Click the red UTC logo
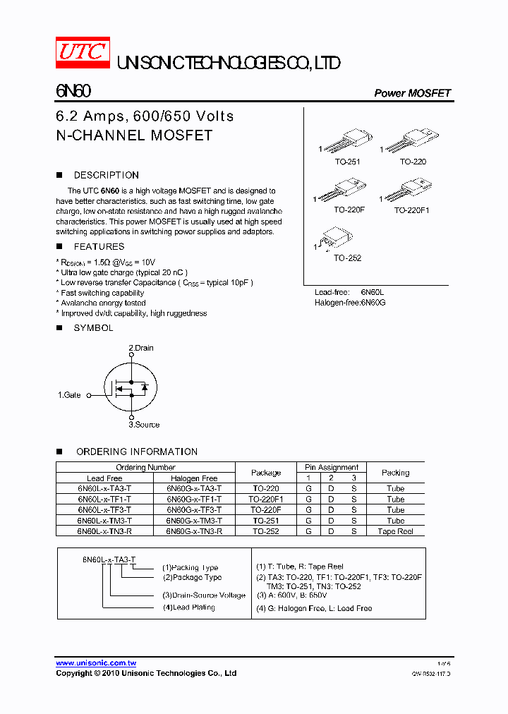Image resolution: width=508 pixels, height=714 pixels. (83, 53)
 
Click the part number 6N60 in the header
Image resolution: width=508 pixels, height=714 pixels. (73, 92)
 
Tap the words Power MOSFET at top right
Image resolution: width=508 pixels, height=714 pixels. (412, 93)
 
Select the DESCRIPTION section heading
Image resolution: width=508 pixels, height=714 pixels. (106, 175)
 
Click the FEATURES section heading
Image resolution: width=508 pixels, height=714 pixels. (99, 246)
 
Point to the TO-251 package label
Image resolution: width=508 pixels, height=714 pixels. (347, 162)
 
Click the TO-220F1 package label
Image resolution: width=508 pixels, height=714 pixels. (411, 210)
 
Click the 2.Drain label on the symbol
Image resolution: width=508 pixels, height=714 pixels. (140, 348)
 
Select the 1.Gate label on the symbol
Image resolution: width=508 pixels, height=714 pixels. (69, 395)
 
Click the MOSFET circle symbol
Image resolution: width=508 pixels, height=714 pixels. (131, 387)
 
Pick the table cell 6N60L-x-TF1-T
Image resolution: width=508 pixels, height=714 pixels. (104, 499)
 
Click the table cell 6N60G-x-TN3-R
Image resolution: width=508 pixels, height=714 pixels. (194, 531)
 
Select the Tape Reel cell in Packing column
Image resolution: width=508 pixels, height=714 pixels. (395, 531)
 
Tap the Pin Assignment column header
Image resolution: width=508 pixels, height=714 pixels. (332, 467)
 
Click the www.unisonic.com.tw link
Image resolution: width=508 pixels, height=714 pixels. (96, 663)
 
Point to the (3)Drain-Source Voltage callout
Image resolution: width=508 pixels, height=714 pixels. (204, 595)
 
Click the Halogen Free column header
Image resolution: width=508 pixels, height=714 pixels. (194, 478)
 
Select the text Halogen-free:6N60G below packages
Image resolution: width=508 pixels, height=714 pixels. (350, 302)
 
